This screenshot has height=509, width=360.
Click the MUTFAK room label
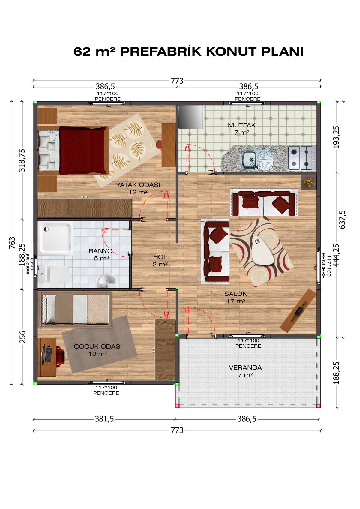[241, 125]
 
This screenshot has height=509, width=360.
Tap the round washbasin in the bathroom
[106, 281]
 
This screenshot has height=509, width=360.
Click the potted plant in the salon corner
[309, 182]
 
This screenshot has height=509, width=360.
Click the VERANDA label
[245, 368]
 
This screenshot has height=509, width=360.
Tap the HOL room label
[160, 257]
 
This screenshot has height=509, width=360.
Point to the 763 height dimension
[12, 243]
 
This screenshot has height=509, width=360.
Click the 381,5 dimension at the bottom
[104, 419]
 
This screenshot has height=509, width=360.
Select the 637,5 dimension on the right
[342, 220]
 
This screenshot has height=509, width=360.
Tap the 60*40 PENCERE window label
[29, 264]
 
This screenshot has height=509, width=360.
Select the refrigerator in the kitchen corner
[191, 117]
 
